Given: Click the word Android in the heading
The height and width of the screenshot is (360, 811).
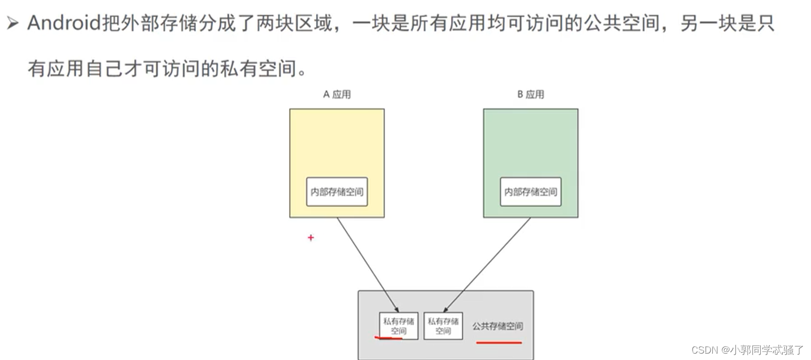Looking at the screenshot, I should (63, 24).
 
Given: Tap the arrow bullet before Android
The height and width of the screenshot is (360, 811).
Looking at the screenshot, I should (12, 24).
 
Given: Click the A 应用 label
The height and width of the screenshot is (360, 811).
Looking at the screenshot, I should (337, 95).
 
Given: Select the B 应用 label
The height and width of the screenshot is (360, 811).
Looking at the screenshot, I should (530, 95).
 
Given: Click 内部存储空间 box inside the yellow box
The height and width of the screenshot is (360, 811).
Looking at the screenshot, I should (337, 192).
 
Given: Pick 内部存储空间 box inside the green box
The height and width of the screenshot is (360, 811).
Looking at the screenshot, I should (531, 192).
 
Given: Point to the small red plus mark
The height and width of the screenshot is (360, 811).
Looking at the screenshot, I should (311, 238).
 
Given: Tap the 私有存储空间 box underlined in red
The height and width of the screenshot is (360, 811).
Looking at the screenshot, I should (398, 326).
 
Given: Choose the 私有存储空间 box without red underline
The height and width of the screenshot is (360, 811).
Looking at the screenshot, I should (443, 326).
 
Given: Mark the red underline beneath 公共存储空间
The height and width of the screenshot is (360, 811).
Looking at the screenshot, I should (499, 342).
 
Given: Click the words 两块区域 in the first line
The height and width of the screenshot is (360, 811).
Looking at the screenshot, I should (293, 24).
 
